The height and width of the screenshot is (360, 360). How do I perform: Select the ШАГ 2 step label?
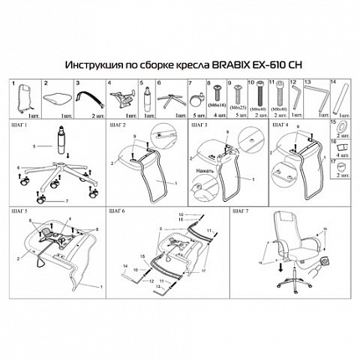click(x=119, y=123)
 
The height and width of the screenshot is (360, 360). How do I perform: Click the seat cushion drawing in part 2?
click(x=58, y=95)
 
